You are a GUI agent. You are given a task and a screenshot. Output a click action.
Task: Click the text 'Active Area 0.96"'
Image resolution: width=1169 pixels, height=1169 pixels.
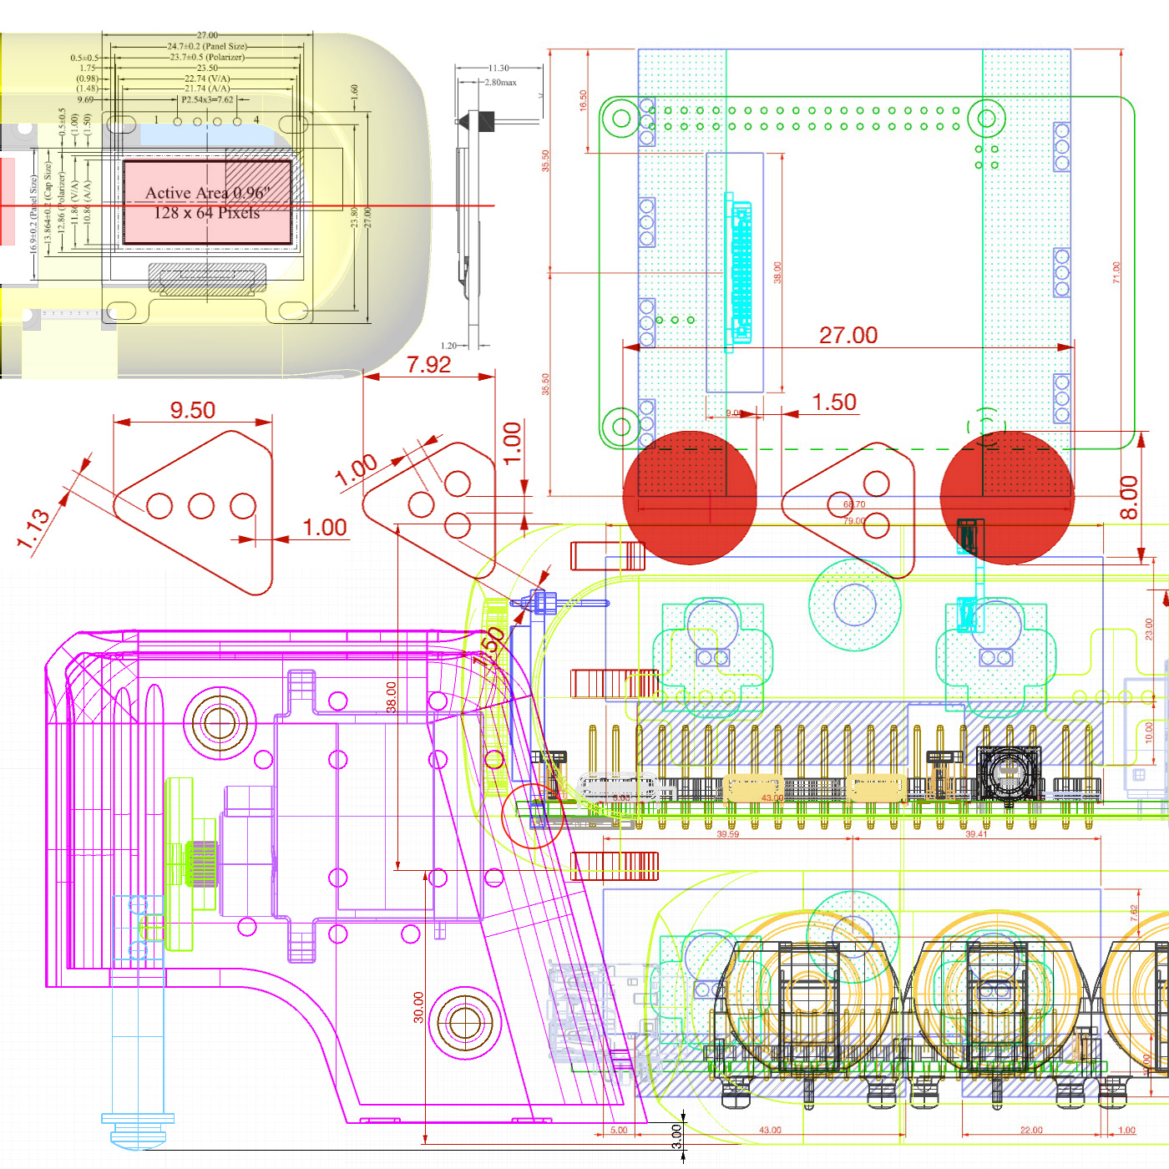(x=205, y=193)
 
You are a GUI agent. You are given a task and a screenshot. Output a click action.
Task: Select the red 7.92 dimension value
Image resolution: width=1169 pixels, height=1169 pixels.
(x=428, y=365)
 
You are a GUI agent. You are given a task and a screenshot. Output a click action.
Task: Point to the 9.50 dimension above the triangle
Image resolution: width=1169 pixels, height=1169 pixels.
(x=193, y=410)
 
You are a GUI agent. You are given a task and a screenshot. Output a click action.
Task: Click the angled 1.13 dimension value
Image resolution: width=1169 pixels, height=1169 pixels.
(x=34, y=529)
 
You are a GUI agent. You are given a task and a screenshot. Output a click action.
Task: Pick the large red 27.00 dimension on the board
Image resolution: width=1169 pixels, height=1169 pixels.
(x=848, y=335)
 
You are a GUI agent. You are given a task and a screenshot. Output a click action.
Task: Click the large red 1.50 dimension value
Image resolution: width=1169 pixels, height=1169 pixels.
(x=834, y=402)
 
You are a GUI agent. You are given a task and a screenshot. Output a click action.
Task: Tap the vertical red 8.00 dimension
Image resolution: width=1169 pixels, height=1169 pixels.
(x=1129, y=498)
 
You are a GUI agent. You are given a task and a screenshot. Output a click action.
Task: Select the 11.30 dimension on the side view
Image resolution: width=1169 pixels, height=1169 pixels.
(x=498, y=68)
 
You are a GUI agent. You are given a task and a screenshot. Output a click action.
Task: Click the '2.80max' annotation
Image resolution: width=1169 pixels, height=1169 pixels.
(x=500, y=83)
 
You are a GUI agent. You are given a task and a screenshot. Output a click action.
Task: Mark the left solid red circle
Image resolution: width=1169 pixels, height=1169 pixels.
(x=690, y=498)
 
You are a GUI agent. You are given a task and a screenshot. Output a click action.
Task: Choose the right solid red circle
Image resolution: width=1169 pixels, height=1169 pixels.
(x=1007, y=498)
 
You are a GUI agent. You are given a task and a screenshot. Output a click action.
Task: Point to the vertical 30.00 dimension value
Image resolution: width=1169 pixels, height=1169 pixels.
(x=418, y=1007)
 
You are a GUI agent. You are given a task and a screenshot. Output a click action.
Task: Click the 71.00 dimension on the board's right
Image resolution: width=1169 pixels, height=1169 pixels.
(x=1116, y=272)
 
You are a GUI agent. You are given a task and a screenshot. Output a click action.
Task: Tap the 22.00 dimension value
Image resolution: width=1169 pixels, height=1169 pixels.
(x=1031, y=1130)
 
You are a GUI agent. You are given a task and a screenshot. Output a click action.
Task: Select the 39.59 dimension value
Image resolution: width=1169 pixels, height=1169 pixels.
(x=727, y=834)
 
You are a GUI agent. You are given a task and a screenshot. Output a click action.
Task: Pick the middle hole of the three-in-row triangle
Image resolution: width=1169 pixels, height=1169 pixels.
(x=201, y=506)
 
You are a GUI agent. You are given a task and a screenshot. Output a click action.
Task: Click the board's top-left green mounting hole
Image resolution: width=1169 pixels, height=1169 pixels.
(x=621, y=119)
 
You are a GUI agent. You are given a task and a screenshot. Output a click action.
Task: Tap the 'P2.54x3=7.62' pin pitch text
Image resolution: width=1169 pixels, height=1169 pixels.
(x=207, y=99)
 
